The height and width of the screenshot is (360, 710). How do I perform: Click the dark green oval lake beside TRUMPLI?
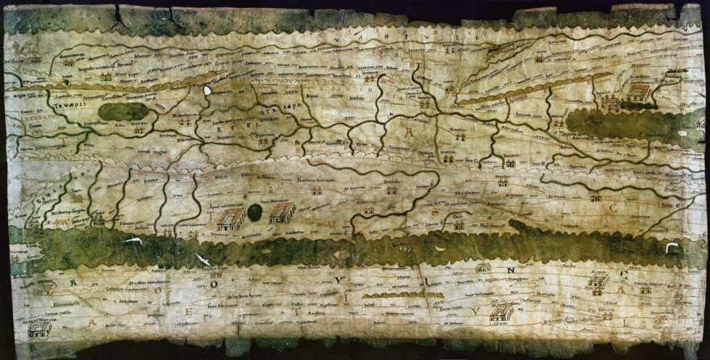(124, 111)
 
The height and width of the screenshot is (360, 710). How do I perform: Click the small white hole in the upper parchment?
(207, 91)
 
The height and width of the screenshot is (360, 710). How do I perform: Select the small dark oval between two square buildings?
(254, 212)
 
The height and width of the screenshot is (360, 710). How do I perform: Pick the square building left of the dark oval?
(230, 219)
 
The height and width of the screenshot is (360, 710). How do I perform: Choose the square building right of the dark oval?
(281, 212)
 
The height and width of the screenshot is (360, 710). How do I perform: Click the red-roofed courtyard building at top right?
(638, 92)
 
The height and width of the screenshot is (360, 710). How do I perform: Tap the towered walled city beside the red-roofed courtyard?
(610, 103)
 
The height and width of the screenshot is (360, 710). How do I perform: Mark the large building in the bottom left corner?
(39, 330)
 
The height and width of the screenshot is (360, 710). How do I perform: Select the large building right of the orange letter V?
(501, 313)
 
